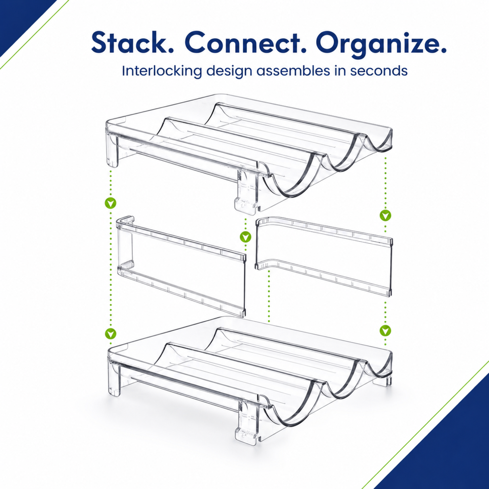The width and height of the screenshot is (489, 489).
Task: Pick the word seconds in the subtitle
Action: point(379,72)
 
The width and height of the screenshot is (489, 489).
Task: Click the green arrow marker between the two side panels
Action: point(245,237)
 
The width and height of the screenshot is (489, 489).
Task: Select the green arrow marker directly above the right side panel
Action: point(385,215)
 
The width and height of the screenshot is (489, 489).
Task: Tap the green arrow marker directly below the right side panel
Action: point(385,330)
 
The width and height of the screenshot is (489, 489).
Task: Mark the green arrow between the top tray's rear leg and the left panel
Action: point(111,203)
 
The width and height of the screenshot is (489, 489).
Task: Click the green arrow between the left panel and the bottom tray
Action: point(111,334)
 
